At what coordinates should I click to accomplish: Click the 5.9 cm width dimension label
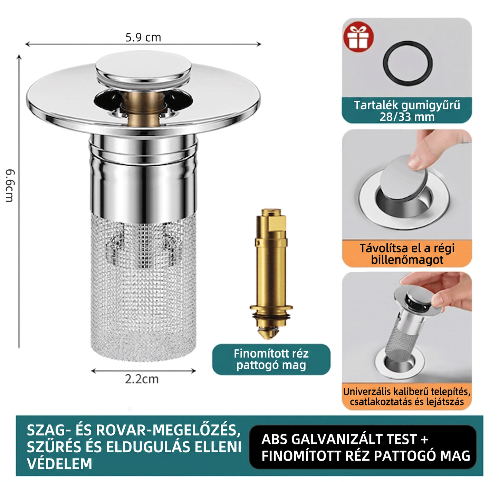(143, 38)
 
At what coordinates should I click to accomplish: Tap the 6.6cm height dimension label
(10, 186)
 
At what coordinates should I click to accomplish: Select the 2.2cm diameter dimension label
(142, 379)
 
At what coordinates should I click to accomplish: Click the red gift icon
(358, 37)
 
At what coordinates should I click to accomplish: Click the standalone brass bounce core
(271, 273)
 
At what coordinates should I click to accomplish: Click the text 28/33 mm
(407, 117)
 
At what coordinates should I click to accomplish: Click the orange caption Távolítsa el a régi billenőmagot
(407, 254)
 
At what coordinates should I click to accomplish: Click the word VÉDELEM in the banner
(59, 464)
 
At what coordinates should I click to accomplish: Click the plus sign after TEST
(424, 439)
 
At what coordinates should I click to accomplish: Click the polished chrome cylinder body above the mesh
(144, 177)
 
